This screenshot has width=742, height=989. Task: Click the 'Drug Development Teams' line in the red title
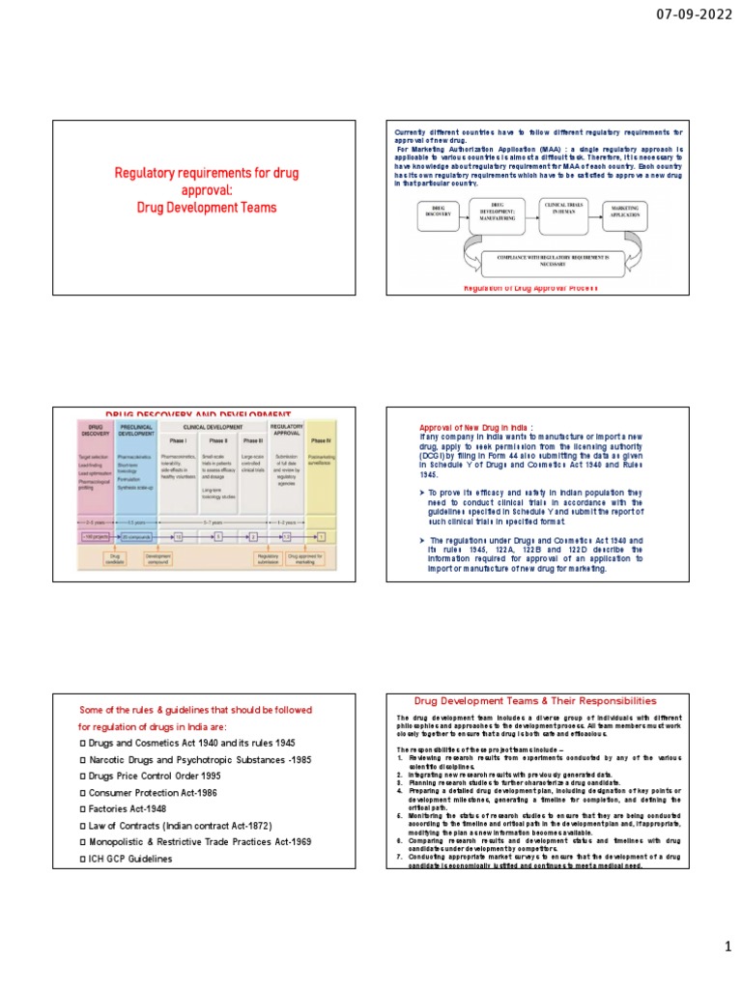click(207, 208)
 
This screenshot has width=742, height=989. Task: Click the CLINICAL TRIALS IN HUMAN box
click(566, 211)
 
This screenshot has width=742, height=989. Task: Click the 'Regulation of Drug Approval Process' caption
click(531, 288)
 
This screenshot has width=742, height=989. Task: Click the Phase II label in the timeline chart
click(218, 439)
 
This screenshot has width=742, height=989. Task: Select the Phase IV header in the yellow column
click(321, 440)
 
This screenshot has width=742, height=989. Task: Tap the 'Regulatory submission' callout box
click(271, 559)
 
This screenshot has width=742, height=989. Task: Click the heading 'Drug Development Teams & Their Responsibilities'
click(534, 700)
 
